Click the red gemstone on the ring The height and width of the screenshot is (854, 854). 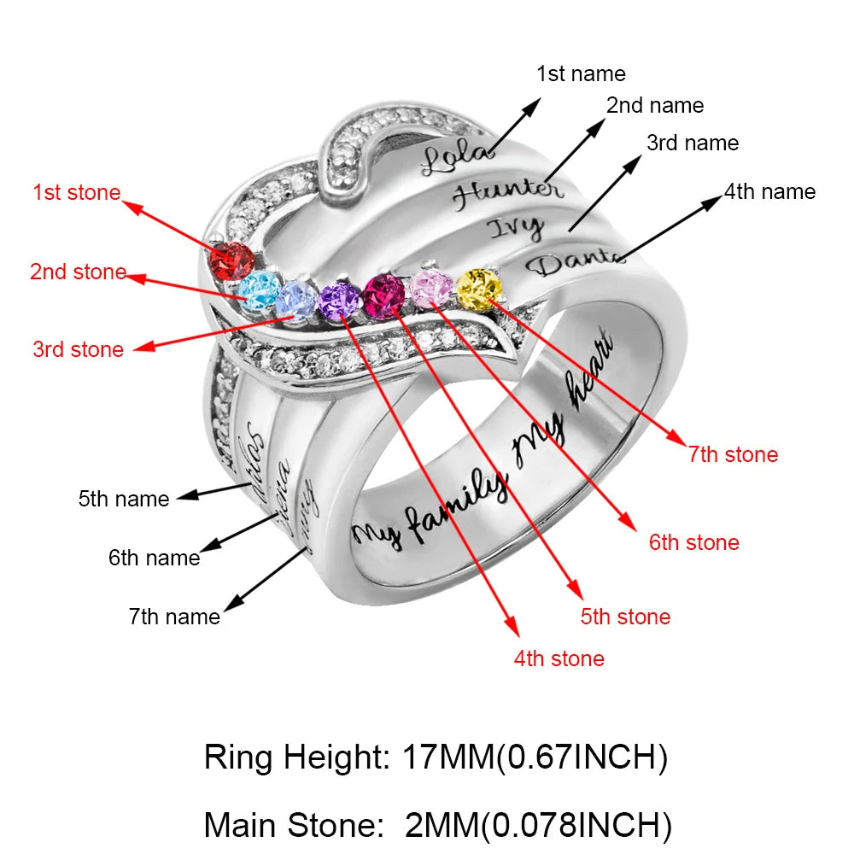(x=233, y=261)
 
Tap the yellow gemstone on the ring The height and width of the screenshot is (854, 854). (x=479, y=289)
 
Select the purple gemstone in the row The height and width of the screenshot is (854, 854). (x=339, y=299)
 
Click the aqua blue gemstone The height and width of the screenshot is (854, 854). (x=258, y=289)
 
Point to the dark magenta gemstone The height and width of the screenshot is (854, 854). (x=384, y=295)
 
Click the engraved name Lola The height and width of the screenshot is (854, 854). (x=457, y=158)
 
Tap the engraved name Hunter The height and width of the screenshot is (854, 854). (x=506, y=193)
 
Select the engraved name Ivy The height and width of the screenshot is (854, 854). (x=515, y=228)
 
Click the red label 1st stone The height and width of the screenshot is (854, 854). (x=77, y=192)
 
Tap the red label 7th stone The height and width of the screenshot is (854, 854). (x=734, y=454)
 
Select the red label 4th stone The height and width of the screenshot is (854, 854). (x=559, y=658)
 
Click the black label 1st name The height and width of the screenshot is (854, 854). (x=581, y=74)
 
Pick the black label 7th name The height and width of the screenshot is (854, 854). (x=174, y=616)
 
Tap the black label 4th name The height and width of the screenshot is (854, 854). (x=769, y=191)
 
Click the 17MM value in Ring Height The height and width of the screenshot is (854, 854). (x=443, y=757)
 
